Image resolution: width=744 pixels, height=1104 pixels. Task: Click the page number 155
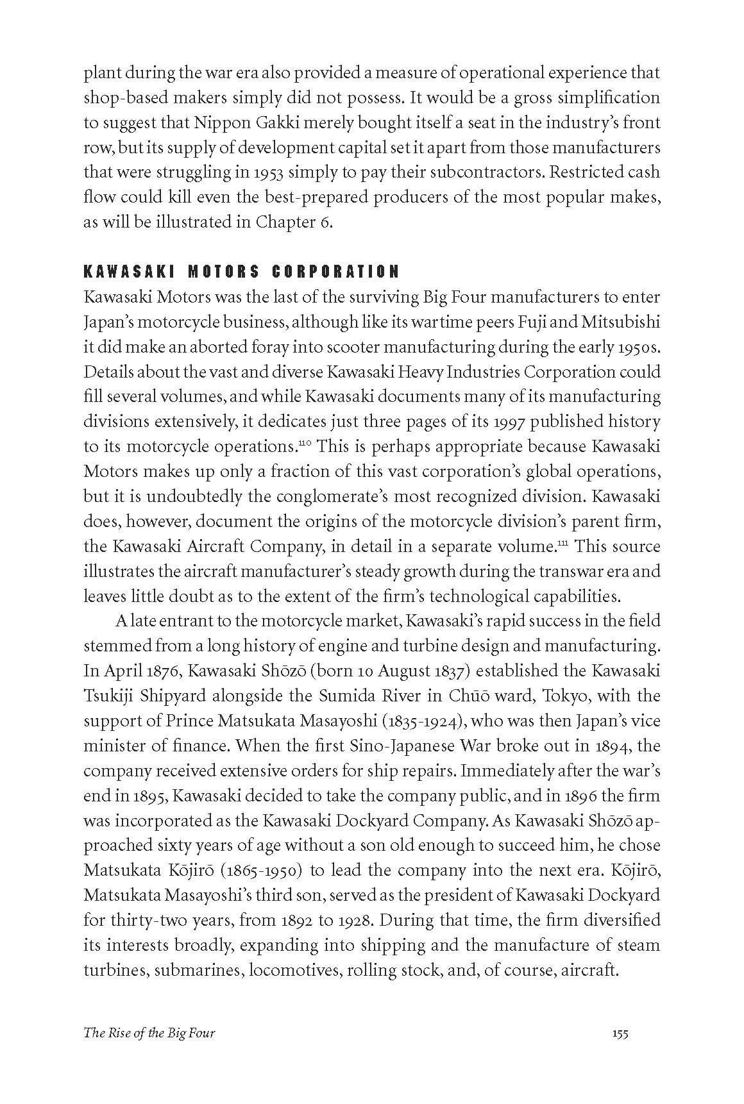(x=620, y=1033)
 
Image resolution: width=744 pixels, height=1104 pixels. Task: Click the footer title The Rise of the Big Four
(x=149, y=1033)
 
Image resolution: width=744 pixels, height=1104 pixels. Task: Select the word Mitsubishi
(x=621, y=322)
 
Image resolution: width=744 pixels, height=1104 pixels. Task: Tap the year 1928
(x=354, y=921)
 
